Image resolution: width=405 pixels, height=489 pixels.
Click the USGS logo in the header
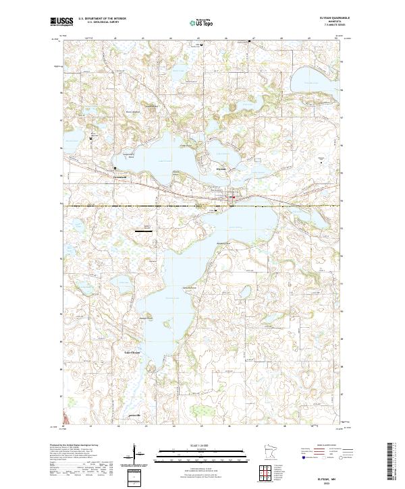pyautogui.click(x=61, y=22)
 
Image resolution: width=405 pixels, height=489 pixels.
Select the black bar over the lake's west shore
pyautogui.click(x=143, y=231)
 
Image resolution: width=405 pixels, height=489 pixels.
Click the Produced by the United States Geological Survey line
pyautogui.click(x=74, y=446)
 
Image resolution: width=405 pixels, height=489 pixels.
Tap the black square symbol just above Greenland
pyautogui.click(x=115, y=168)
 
